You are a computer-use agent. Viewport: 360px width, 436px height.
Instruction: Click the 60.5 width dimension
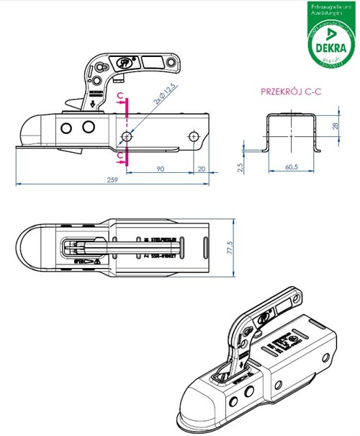[x=291, y=167]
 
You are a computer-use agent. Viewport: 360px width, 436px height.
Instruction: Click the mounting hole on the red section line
[x=127, y=136]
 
